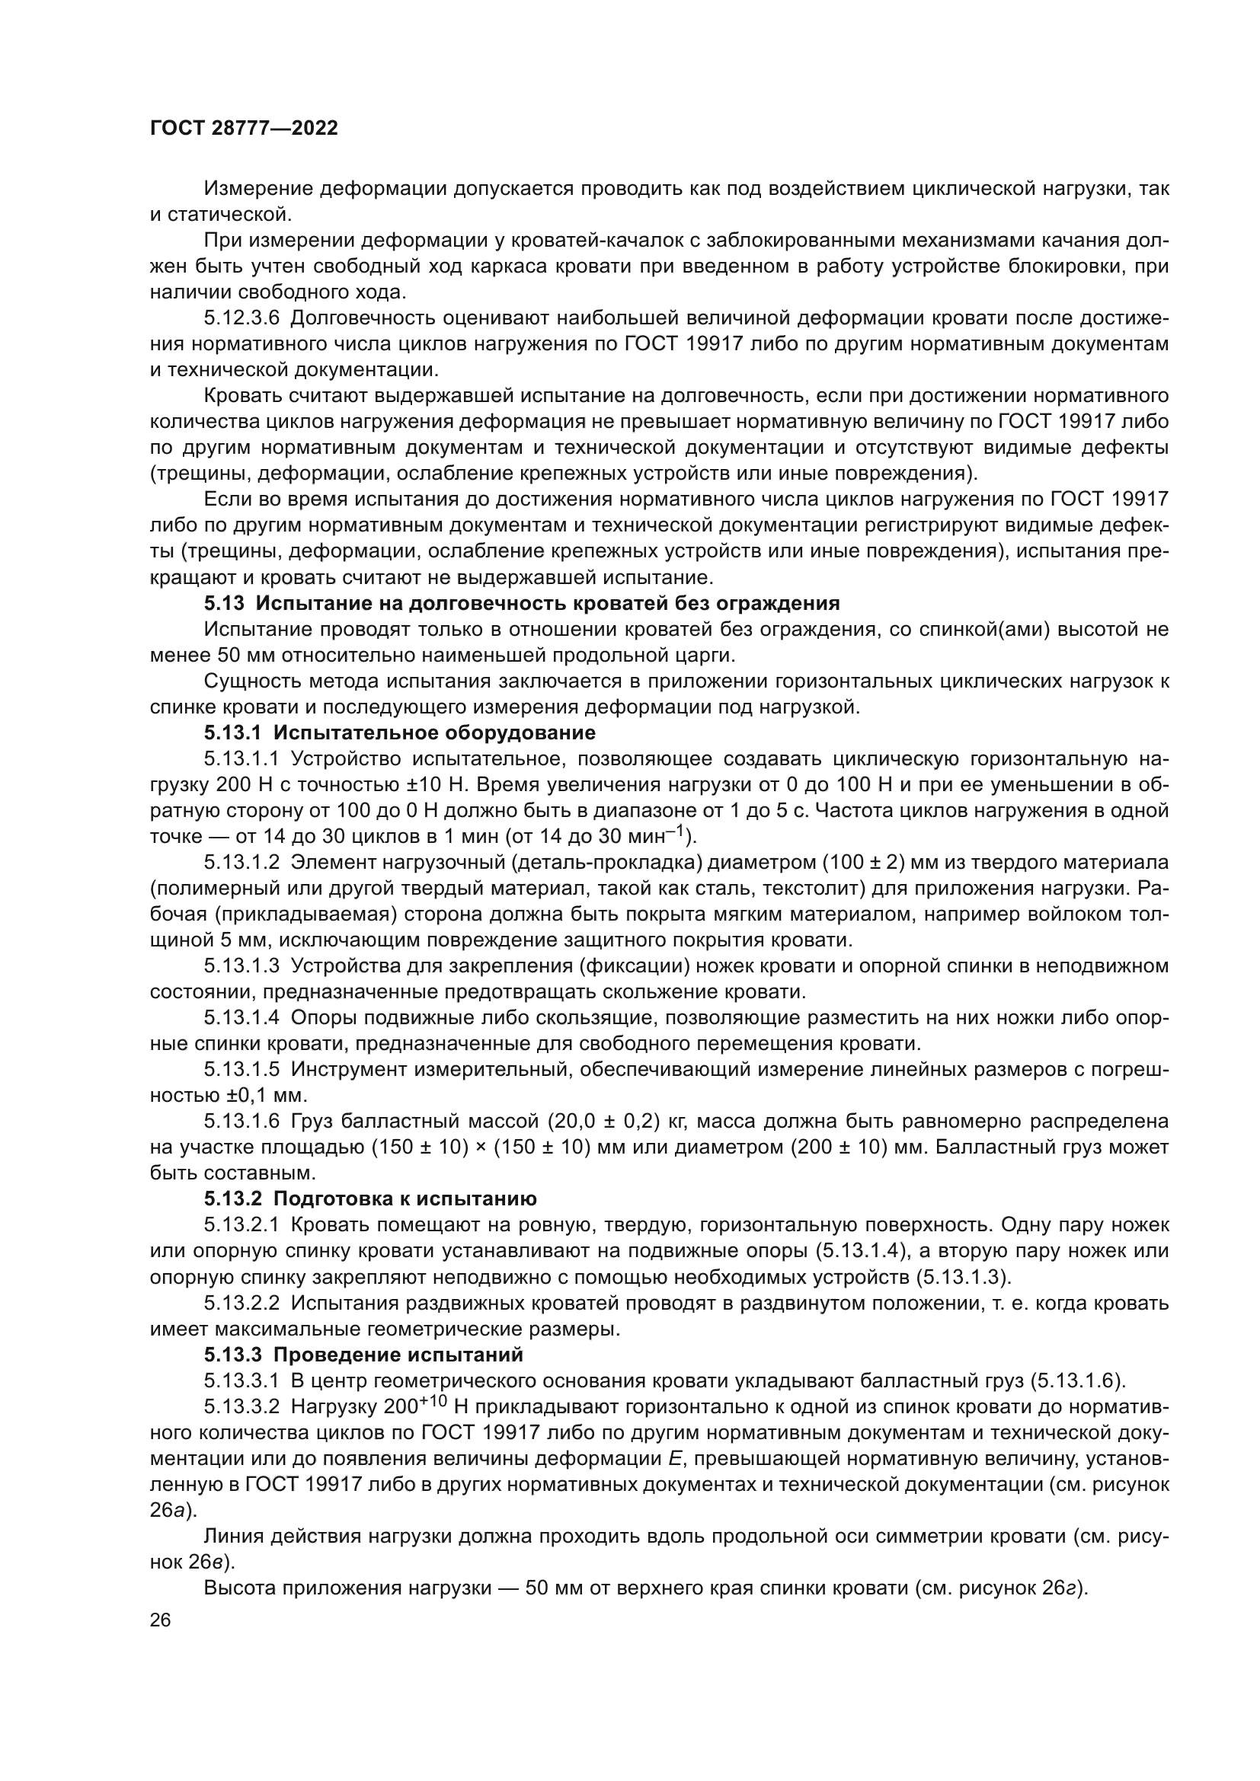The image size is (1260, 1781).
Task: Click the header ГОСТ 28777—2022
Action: pyautogui.click(x=245, y=129)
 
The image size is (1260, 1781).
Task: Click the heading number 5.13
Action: pyautogui.click(x=224, y=604)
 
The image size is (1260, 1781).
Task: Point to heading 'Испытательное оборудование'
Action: pyautogui.click(x=434, y=733)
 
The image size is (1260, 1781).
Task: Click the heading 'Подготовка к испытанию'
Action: pyautogui.click(x=405, y=1199)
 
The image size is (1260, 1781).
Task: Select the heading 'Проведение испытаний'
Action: pyautogui.click(x=398, y=1355)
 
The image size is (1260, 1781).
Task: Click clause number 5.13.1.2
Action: pyautogui.click(x=241, y=863)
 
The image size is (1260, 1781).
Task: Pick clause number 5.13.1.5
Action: pyautogui.click(x=241, y=1070)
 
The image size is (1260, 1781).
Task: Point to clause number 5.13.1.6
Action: pyautogui.click(x=241, y=1122)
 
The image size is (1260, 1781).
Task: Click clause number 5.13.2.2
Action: pyautogui.click(x=241, y=1303)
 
